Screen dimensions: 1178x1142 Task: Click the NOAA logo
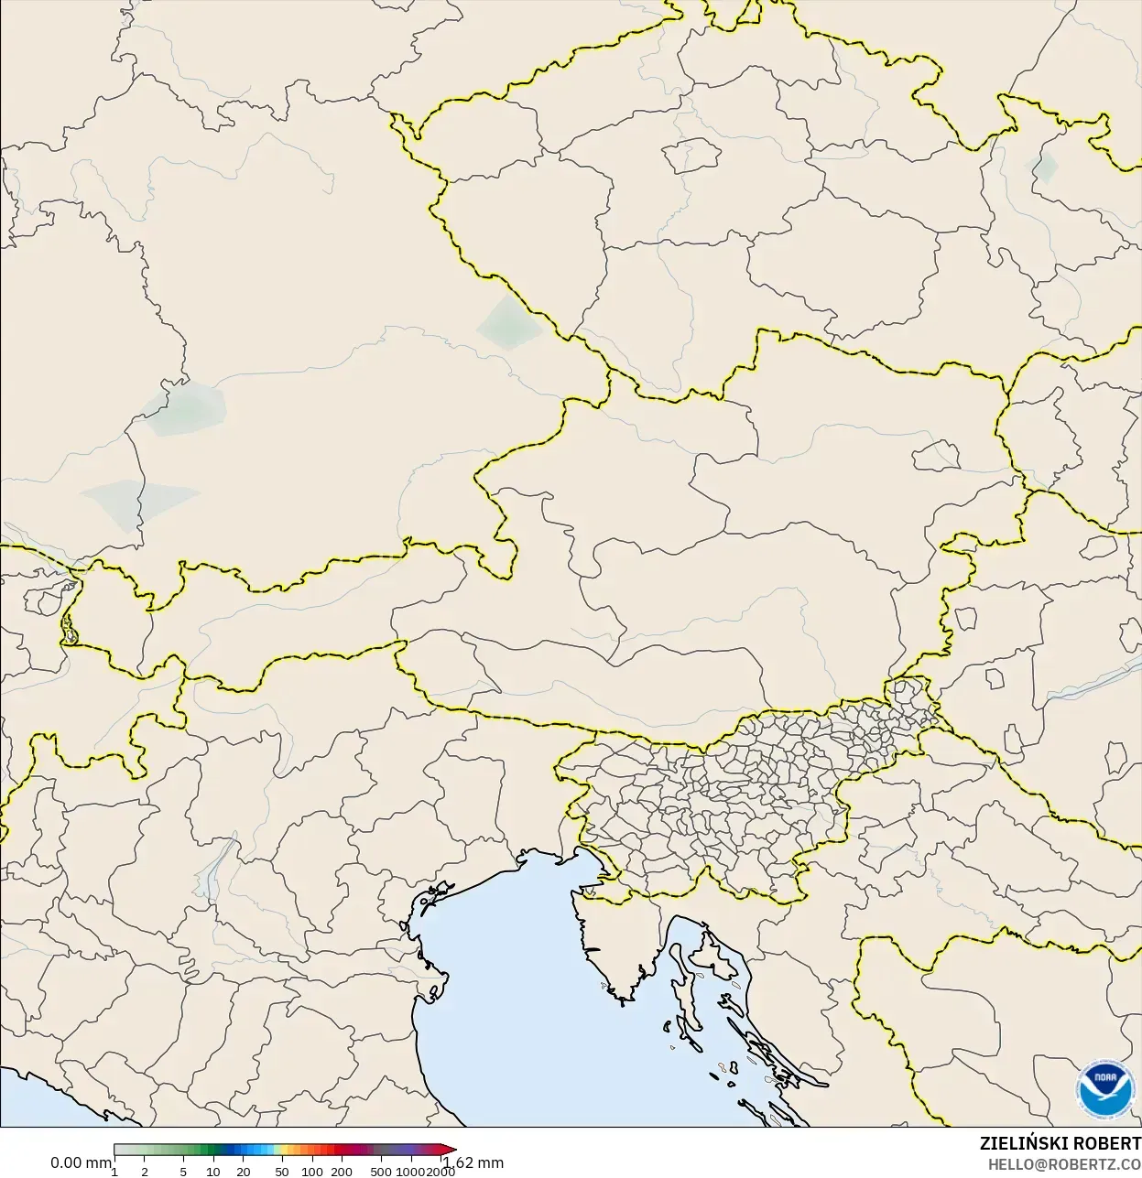coord(1105,1089)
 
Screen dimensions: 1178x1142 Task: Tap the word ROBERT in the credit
coord(1107,1144)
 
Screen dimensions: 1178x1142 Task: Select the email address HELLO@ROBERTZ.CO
coord(1064,1163)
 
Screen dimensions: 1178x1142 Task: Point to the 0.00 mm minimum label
coord(81,1162)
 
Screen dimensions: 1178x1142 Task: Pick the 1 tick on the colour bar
coord(114,1172)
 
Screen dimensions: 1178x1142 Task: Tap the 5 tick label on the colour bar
coord(183,1172)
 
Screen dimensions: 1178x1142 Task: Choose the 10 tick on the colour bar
coord(213,1172)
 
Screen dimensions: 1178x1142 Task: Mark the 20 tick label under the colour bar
coord(244,1172)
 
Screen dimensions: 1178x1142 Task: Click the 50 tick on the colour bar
coord(282,1172)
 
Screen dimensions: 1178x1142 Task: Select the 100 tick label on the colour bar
coord(312,1172)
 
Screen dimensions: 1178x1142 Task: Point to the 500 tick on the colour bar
coord(381,1172)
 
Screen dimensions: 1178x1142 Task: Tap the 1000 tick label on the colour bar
coord(410,1172)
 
